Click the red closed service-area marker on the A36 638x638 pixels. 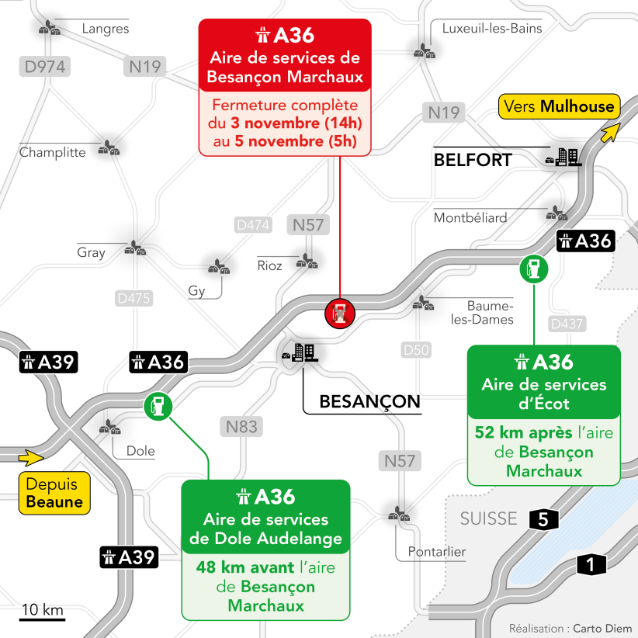point(339,313)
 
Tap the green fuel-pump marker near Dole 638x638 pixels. point(158,405)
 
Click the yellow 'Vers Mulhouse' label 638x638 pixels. point(558,106)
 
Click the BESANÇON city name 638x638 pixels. point(369,401)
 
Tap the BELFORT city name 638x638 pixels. point(472,160)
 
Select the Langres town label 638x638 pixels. point(106,29)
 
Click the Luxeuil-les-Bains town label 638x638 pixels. point(492,29)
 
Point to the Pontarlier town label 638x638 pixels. point(431,552)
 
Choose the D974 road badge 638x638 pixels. point(45,67)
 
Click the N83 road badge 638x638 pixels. point(241,426)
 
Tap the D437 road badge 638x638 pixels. point(567,324)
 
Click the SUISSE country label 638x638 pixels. point(487,518)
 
